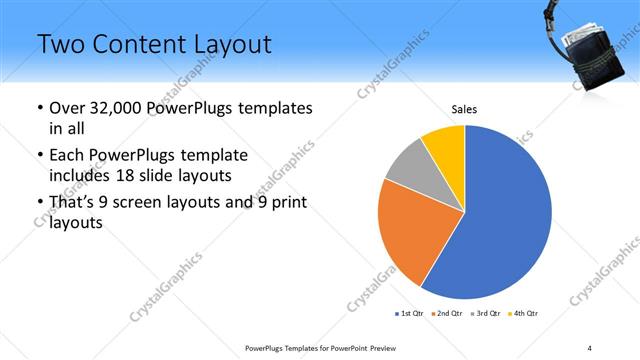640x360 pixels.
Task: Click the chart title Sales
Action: (464, 109)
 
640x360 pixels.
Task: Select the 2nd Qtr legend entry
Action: (447, 314)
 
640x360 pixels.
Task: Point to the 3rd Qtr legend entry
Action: (486, 314)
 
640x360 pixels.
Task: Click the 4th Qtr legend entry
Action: (525, 314)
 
